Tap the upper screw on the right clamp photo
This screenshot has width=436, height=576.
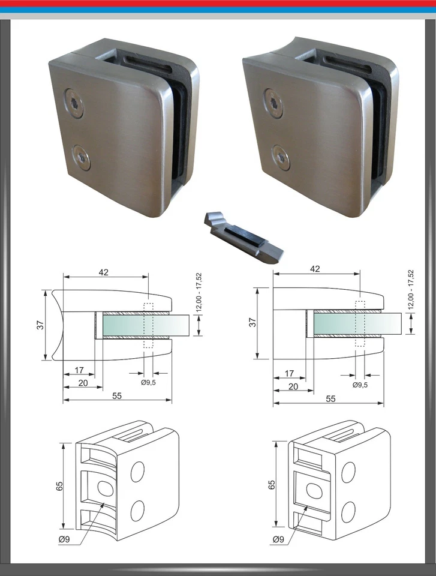tap(272, 103)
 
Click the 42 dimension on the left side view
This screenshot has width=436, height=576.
tap(104, 272)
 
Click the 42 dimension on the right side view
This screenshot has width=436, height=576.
tap(315, 269)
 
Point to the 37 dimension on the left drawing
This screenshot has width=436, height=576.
tap(38, 325)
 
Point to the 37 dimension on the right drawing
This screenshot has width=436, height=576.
tap(252, 322)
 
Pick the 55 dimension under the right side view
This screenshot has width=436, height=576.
tap(329, 398)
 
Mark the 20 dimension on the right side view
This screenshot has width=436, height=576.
tap(293, 387)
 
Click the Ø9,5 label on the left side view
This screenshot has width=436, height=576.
tap(148, 383)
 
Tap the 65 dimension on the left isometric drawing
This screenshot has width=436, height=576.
tap(59, 486)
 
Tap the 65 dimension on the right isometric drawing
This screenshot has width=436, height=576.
tap(271, 484)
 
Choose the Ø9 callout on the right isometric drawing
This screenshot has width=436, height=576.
tap(278, 540)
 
